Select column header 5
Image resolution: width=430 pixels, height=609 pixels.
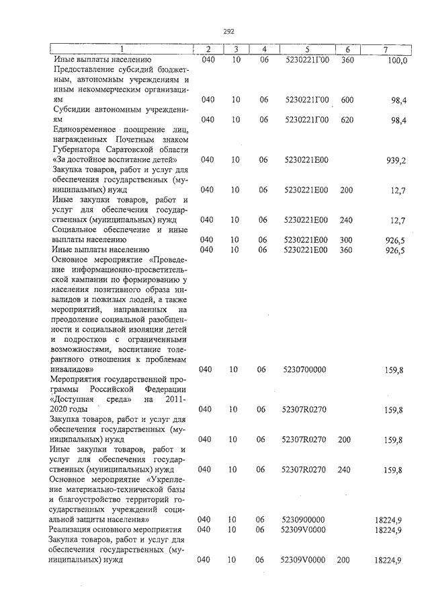(306, 50)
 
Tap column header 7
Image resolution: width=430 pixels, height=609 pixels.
(384, 50)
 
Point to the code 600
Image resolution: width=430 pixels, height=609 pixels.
(347, 100)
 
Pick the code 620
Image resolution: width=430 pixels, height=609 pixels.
(347, 120)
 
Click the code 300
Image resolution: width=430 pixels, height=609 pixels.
(347, 240)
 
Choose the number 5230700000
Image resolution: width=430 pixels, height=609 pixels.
(305, 369)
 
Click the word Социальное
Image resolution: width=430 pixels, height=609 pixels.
(75, 229)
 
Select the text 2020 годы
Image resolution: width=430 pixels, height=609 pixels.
(70, 409)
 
